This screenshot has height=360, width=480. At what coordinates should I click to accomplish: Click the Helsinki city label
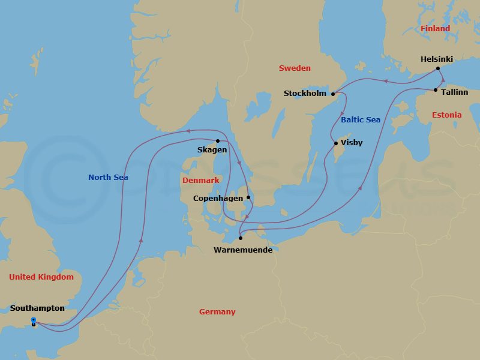coord(437,59)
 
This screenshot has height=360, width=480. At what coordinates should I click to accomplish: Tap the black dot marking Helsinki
coord(439,68)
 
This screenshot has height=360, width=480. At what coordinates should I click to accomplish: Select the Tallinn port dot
coord(436,90)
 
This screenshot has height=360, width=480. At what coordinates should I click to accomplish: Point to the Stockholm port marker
coord(333,94)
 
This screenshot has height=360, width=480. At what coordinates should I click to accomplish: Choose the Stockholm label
coord(305,93)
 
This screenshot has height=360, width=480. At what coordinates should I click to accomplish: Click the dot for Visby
coord(335,143)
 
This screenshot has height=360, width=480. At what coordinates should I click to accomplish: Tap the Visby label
coord(352,143)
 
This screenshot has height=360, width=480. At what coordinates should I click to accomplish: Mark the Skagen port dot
coord(218,141)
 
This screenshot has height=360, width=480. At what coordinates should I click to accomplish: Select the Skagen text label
coord(212,150)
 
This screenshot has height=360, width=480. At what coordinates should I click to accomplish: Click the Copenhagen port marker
coord(248,197)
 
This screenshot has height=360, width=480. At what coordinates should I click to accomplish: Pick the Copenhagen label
coord(218,198)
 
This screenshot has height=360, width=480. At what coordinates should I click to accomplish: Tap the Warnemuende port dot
coord(241,238)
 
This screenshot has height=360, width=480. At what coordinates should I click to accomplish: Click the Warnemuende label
coord(243,250)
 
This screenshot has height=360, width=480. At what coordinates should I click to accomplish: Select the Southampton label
coord(37,308)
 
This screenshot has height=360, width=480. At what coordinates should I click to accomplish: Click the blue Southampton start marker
coord(34,320)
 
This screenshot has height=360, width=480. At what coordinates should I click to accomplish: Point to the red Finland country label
coord(435,28)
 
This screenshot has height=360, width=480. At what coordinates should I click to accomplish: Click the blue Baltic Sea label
coord(361,119)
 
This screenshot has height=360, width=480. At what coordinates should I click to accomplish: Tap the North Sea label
coord(108,177)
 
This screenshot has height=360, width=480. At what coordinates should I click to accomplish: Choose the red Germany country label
coord(217,311)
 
